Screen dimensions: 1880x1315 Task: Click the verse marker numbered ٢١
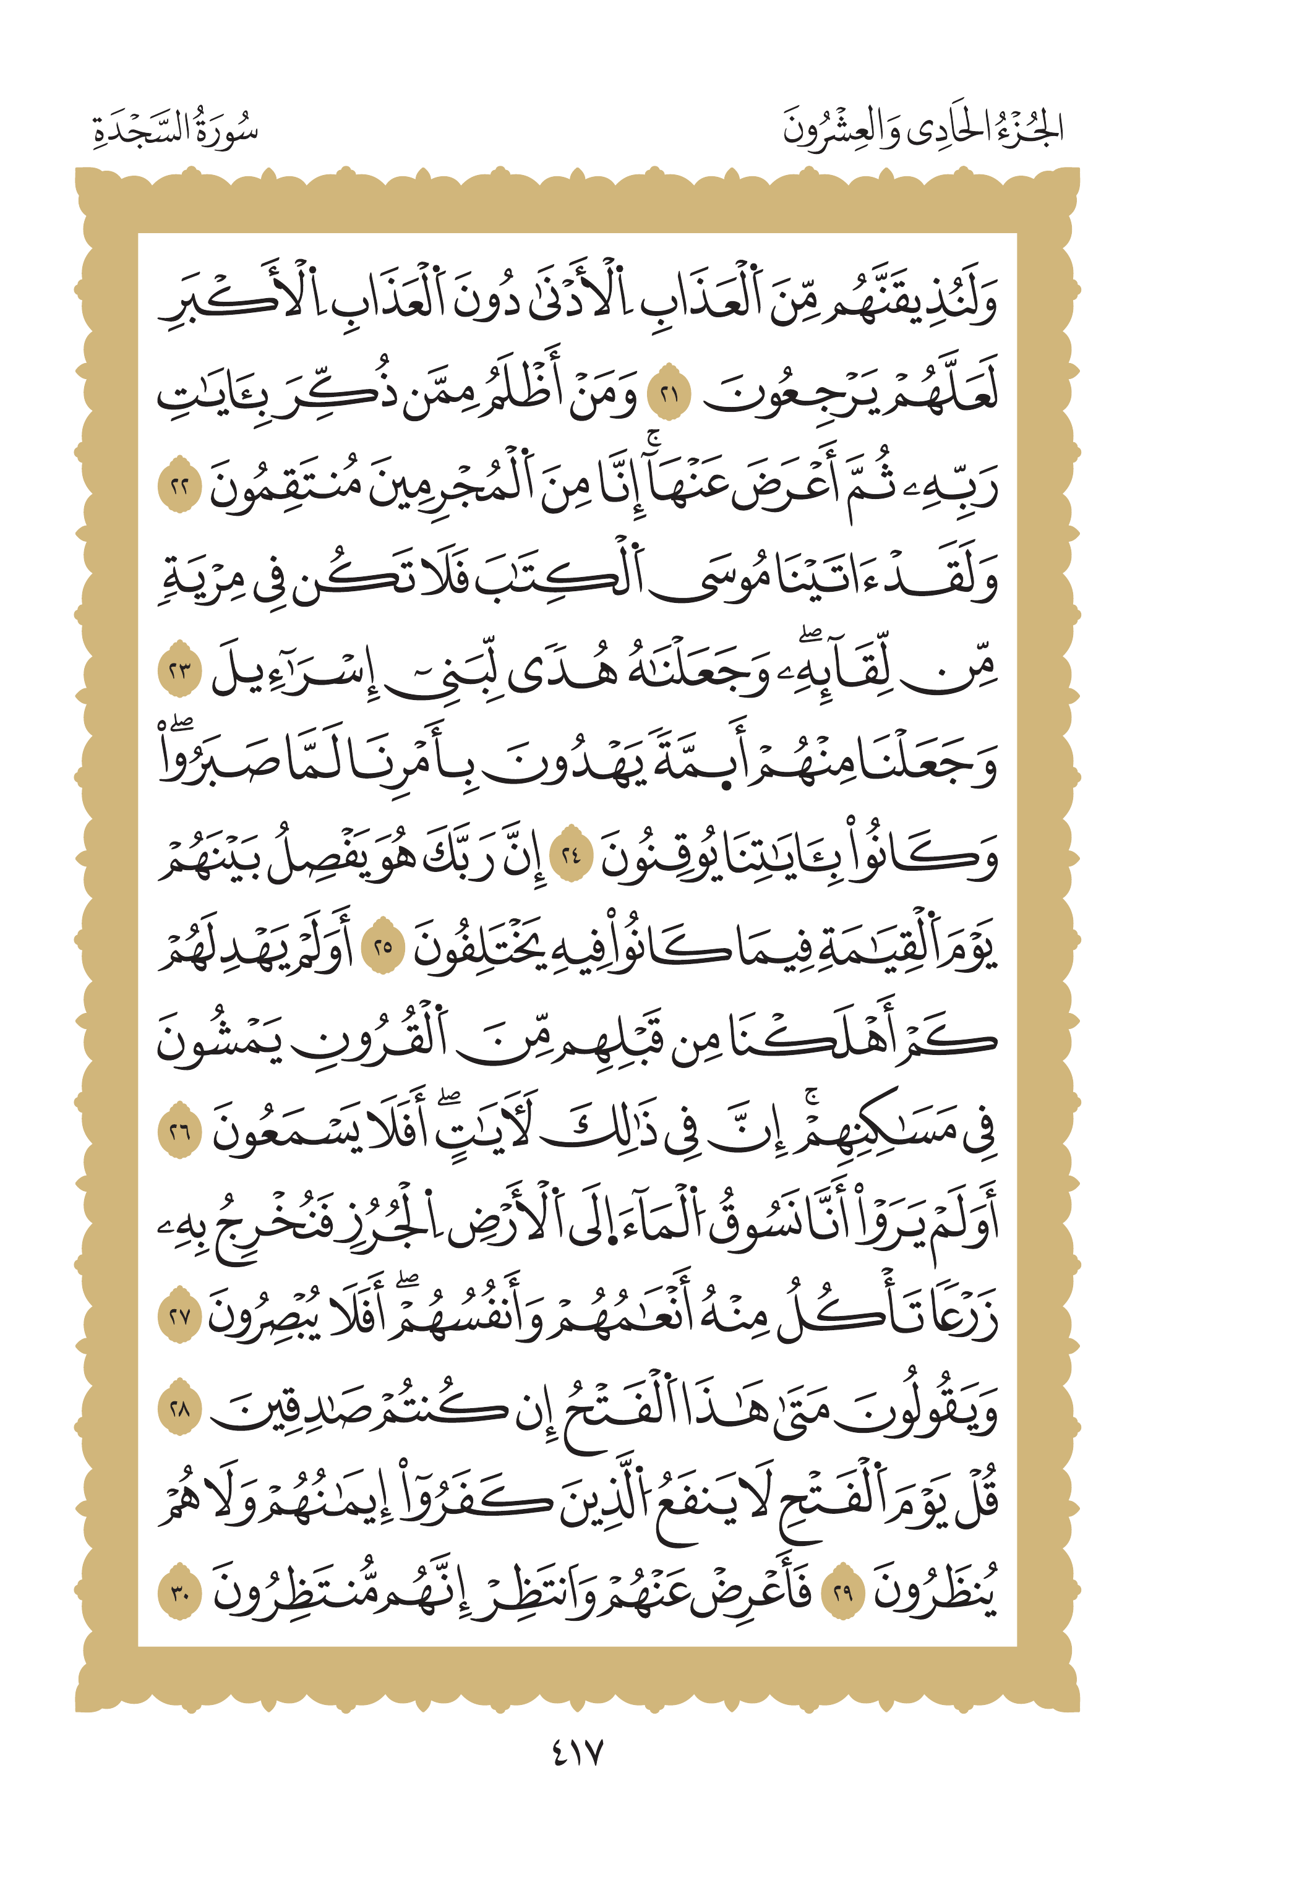click(669, 396)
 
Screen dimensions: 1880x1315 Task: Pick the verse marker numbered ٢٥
click(383, 948)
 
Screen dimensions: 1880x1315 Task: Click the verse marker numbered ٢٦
click(179, 1132)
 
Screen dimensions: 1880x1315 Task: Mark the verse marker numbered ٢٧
click(179, 1317)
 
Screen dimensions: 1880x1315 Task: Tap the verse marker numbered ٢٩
click(842, 1594)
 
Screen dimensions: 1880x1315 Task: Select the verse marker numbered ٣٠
click(179, 1594)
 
